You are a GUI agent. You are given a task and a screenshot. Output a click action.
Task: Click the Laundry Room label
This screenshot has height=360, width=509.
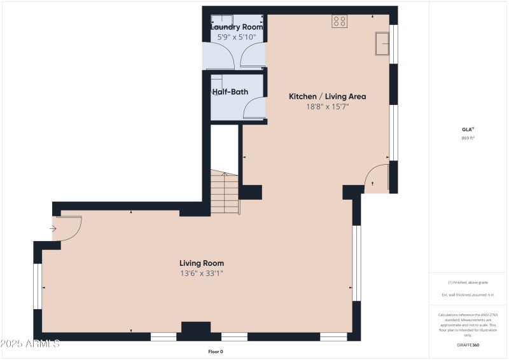tap(236, 27)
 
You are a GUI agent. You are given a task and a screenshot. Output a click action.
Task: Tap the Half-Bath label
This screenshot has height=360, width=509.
tap(230, 92)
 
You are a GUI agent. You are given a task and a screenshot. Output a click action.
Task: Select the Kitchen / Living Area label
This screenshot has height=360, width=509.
tap(327, 97)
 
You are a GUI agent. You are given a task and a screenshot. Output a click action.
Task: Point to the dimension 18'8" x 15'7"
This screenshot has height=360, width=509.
tap(327, 107)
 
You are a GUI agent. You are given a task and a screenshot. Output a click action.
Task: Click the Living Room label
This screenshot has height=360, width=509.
tap(201, 263)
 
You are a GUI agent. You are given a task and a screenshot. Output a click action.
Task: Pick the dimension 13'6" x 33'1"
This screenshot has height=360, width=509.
tap(201, 273)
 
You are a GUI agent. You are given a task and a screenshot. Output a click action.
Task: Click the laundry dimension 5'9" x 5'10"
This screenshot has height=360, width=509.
tap(236, 38)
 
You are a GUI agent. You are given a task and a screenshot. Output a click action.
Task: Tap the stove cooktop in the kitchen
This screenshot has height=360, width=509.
tap(339, 21)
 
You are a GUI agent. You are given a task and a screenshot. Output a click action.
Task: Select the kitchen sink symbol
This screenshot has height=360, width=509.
tap(382, 44)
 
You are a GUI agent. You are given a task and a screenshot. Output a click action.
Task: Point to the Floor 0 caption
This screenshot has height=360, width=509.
tap(215, 352)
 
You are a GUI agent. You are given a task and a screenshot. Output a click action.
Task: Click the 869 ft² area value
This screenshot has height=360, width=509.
tap(468, 138)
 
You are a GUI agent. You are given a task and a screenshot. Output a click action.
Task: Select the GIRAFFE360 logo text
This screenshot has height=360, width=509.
tap(468, 345)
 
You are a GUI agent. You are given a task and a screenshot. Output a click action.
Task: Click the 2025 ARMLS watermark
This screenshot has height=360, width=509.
tap(30, 344)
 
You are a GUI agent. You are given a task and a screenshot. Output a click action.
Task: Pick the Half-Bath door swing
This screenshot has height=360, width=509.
tap(254, 108)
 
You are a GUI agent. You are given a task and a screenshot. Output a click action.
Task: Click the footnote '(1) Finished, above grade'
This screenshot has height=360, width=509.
tap(468, 282)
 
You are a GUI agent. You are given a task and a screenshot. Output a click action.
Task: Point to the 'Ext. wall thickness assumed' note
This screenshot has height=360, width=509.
tap(468, 295)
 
